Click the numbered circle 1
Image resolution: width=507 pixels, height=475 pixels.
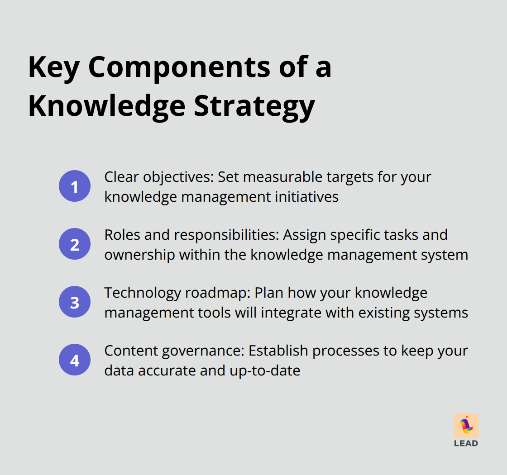coord(75,186)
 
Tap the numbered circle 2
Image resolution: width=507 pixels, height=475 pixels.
coord(75,244)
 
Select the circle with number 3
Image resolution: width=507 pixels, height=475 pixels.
coord(75,302)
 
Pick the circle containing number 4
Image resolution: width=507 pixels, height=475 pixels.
coord(75,360)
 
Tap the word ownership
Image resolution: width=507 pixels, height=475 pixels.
coord(140,255)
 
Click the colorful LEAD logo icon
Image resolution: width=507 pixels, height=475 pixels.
coord(466,426)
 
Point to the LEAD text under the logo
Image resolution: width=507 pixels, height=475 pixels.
coord(466,443)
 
